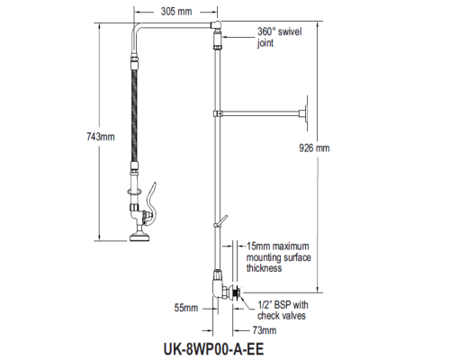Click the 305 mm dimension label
point(176,12)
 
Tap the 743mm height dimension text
point(101,137)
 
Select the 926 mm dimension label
point(314,148)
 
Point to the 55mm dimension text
point(186,308)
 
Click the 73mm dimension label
point(265,330)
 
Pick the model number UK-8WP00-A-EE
point(213,349)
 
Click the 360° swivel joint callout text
point(279,37)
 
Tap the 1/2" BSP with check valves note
point(283,310)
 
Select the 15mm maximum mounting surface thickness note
point(279,257)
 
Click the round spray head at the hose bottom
point(140,237)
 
